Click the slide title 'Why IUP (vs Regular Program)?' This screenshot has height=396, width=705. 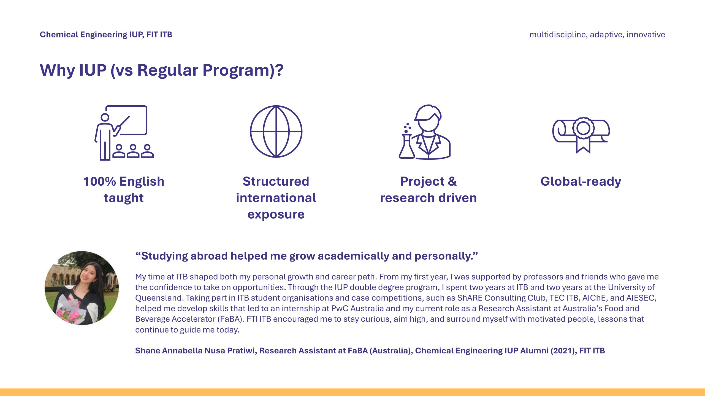click(x=162, y=70)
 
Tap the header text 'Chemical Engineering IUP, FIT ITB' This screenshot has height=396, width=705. click(x=106, y=35)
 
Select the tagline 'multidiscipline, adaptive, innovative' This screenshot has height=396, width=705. click(x=597, y=35)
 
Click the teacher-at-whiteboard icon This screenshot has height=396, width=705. click(x=124, y=133)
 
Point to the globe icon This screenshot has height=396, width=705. click(x=276, y=131)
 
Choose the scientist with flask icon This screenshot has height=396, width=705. click(x=425, y=132)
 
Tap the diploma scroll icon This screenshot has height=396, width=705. click(x=581, y=135)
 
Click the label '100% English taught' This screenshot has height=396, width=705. click(x=124, y=189)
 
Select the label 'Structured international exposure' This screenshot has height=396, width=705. click(x=276, y=198)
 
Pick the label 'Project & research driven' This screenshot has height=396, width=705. click(x=429, y=189)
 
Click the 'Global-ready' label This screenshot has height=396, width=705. click(x=581, y=182)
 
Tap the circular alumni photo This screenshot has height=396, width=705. click(x=82, y=288)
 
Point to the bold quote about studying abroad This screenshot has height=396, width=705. click(x=307, y=256)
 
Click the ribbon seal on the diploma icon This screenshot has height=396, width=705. click(x=583, y=134)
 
